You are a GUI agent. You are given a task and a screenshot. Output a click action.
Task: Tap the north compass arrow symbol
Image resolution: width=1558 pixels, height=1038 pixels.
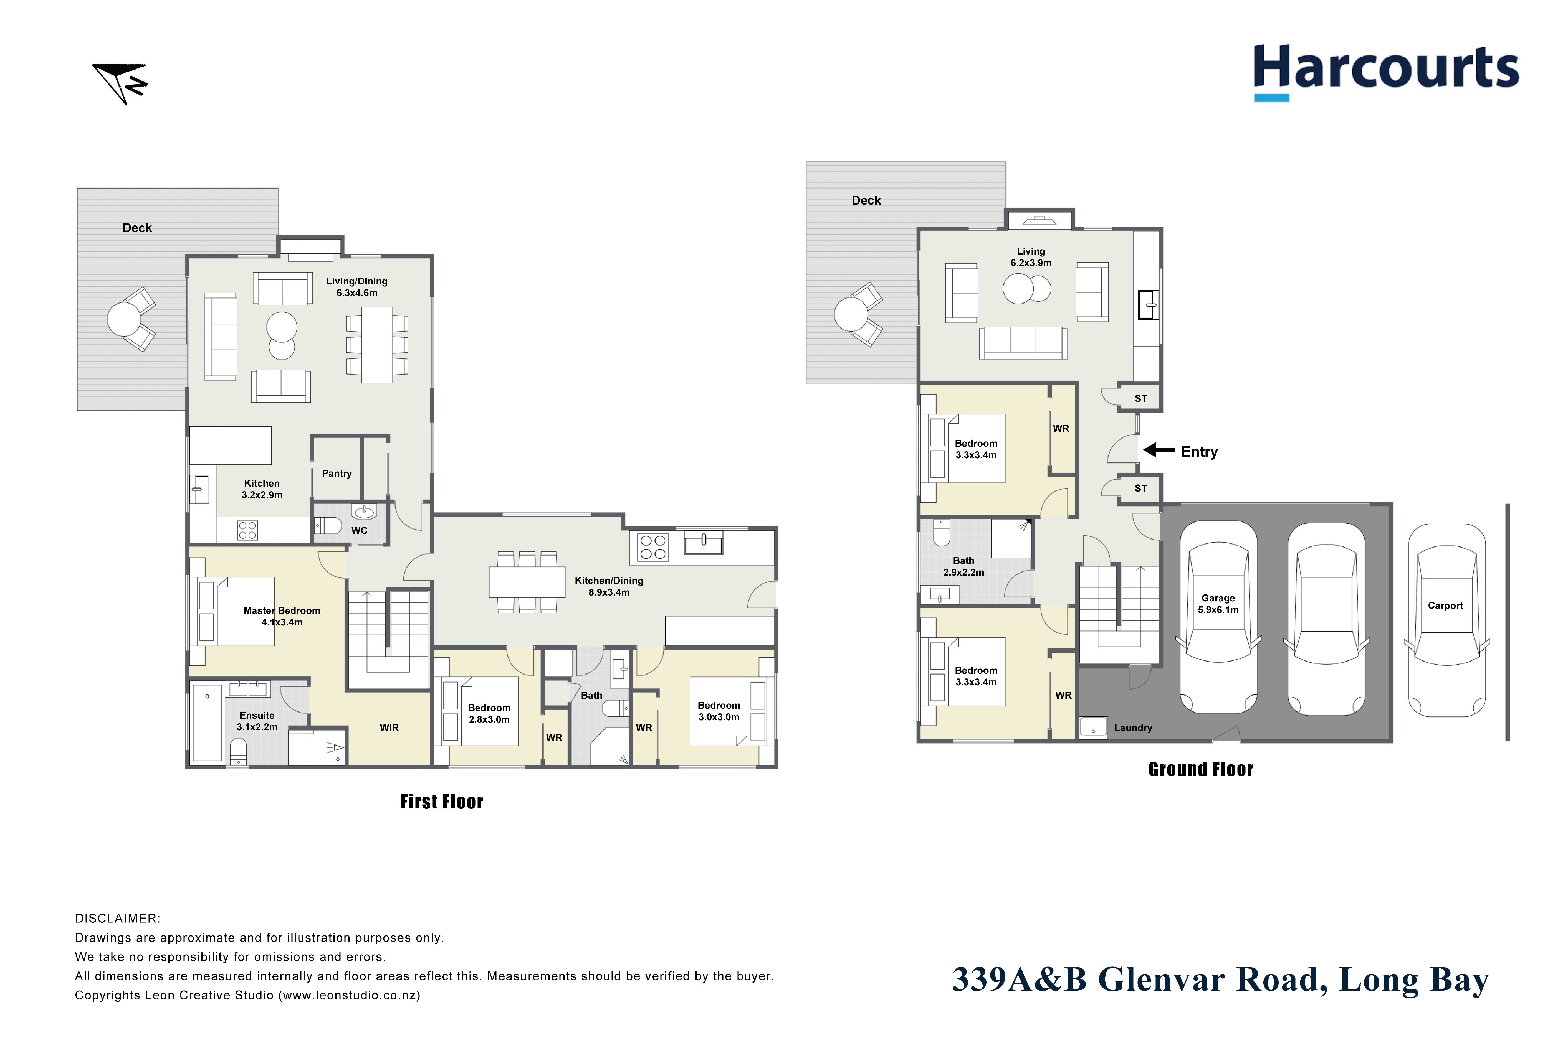120,83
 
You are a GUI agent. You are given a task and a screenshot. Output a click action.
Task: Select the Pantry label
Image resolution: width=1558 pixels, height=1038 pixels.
337,473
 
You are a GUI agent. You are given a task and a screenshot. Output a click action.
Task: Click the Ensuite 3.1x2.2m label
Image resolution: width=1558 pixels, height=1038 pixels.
257,721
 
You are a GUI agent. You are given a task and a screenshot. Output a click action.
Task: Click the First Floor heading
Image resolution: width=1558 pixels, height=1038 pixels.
442,802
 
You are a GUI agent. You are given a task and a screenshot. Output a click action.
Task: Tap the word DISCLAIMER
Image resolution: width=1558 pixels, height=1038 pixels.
117,918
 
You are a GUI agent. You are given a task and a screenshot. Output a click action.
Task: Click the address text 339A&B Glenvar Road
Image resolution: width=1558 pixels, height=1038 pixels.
1139,980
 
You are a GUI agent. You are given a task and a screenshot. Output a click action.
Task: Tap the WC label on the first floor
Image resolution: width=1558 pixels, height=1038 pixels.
359,530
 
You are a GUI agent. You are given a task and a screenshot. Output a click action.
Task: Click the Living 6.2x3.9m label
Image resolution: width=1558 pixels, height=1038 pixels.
1031,257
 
